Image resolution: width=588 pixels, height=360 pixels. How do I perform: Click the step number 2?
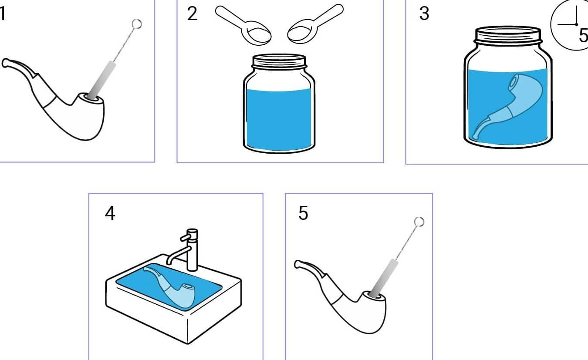pyautogui.click(x=192, y=13)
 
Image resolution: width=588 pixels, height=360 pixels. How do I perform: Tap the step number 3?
pyautogui.click(x=424, y=13)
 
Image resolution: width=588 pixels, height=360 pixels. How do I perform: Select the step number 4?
pyautogui.click(x=110, y=213)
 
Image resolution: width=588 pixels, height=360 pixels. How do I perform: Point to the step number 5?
pyautogui.click(x=303, y=213)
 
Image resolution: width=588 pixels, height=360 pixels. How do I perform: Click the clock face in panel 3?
pyautogui.click(x=570, y=25)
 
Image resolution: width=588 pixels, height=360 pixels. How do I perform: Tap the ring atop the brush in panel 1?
pyautogui.click(x=137, y=24)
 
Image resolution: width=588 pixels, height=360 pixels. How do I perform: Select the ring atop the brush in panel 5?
pyautogui.click(x=419, y=222)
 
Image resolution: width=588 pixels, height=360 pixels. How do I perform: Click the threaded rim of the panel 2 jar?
pyautogui.click(x=279, y=61)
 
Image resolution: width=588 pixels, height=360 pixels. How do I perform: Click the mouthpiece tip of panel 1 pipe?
pyautogui.click(x=5, y=63)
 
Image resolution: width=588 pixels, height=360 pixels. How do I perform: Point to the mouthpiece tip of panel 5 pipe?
pyautogui.click(x=297, y=265)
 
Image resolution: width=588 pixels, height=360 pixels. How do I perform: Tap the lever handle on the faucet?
pyautogui.click(x=185, y=237)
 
